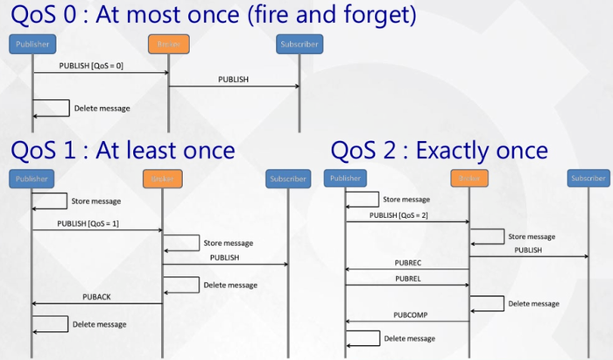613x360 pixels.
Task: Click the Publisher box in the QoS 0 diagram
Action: [x=32, y=43]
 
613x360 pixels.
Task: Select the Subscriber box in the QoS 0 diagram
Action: [x=299, y=43]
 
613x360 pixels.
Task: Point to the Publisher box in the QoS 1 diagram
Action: [x=32, y=179]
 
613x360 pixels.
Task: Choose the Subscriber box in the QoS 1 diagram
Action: [x=288, y=179]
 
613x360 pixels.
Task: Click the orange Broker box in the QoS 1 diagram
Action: [x=162, y=179]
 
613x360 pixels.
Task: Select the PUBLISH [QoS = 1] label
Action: [x=88, y=223]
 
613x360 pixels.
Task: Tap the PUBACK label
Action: [x=96, y=297]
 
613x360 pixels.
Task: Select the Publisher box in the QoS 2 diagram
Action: [x=345, y=178]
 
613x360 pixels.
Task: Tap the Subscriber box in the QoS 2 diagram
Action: [x=588, y=178]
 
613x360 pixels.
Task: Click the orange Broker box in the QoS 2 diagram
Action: [x=469, y=178]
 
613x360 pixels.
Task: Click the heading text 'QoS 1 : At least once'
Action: [x=123, y=151]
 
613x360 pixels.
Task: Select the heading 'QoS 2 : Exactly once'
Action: [x=439, y=151]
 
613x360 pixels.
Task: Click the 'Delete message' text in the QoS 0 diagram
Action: [x=103, y=109]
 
